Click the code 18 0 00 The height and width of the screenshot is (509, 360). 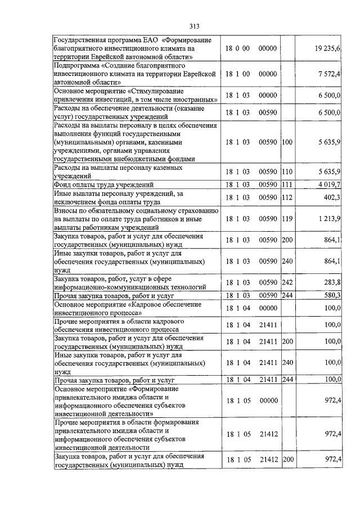pyautogui.click(x=237, y=49)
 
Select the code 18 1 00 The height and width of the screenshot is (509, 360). pyautogui.click(x=237, y=74)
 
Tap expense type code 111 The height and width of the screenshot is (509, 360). pyautogui.click(x=287, y=184)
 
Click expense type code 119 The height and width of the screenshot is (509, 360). pyautogui.click(x=287, y=218)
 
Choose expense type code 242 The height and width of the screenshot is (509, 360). pyautogui.click(x=287, y=282)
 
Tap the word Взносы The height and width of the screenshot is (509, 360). pyautogui.click(x=67, y=210)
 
